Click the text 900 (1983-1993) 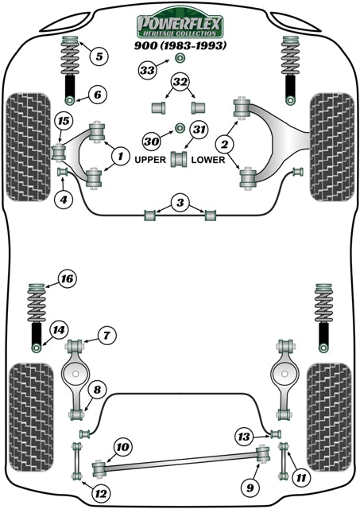(180, 46)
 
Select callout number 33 (148, 72)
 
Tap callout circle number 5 (99, 56)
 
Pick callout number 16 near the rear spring (67, 278)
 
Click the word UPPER (151, 159)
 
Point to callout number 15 (62, 121)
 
